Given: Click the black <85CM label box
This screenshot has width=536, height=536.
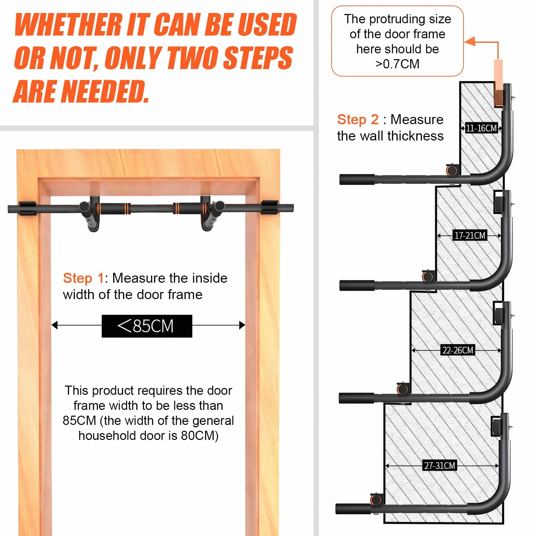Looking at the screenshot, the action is tap(147, 326).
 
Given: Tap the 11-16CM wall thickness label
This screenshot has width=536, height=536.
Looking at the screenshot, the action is tap(481, 129).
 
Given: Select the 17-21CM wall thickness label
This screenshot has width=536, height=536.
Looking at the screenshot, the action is tap(470, 236).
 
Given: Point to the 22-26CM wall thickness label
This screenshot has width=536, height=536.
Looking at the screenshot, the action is tap(458, 350).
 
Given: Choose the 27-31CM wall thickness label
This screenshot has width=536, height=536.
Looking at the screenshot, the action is tap(440, 466).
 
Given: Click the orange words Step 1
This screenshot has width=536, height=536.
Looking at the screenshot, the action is tap(83, 278).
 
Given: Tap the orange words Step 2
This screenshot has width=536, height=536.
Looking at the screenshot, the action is tap(358, 120).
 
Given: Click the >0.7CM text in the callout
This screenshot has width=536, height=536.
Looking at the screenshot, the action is tap(397, 64).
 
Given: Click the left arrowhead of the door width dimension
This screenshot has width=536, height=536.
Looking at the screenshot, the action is tap(54, 325).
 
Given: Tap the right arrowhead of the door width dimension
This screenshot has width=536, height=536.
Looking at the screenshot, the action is tap(242, 325).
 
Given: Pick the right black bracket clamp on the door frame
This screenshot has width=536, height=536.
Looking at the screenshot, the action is tap(270, 208).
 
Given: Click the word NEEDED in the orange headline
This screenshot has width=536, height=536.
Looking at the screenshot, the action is tap(106, 92).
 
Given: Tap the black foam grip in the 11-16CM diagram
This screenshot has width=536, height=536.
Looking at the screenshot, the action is tap(357, 179).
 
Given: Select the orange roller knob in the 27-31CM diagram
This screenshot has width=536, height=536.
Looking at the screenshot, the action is tap(376, 499).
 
